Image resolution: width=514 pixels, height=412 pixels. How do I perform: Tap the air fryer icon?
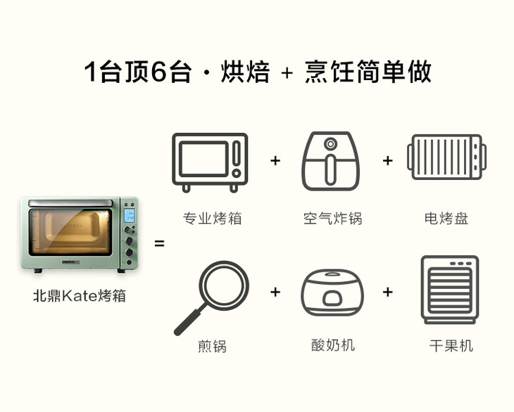(x=330, y=161)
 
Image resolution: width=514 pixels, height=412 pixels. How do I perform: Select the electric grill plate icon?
(x=446, y=157)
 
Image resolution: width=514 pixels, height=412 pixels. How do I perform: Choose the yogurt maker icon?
(x=332, y=292)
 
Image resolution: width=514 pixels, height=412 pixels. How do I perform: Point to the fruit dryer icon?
(x=450, y=290)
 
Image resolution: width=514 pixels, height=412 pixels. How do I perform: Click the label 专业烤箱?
(x=212, y=218)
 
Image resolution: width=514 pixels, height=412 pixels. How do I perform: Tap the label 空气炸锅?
(x=332, y=218)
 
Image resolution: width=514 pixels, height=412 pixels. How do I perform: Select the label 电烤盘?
(x=446, y=218)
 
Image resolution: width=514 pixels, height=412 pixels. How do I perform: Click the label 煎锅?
(x=212, y=346)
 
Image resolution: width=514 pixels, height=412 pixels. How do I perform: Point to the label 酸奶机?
(x=333, y=345)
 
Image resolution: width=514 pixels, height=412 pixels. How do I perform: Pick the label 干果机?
(x=451, y=346)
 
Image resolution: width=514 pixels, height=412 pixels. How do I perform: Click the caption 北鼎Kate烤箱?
(x=80, y=295)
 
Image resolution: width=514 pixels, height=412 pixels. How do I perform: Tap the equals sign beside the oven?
(x=159, y=243)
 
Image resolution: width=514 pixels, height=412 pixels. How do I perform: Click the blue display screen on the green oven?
(x=129, y=215)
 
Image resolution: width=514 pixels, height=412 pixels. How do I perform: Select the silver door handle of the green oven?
(x=70, y=203)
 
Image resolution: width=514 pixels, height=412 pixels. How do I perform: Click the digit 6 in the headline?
(x=159, y=71)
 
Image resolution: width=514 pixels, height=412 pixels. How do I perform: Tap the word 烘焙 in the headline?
(x=245, y=71)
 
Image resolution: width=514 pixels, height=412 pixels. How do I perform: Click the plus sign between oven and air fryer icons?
(x=275, y=161)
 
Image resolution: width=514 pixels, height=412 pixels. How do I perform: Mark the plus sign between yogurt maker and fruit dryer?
(x=388, y=292)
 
